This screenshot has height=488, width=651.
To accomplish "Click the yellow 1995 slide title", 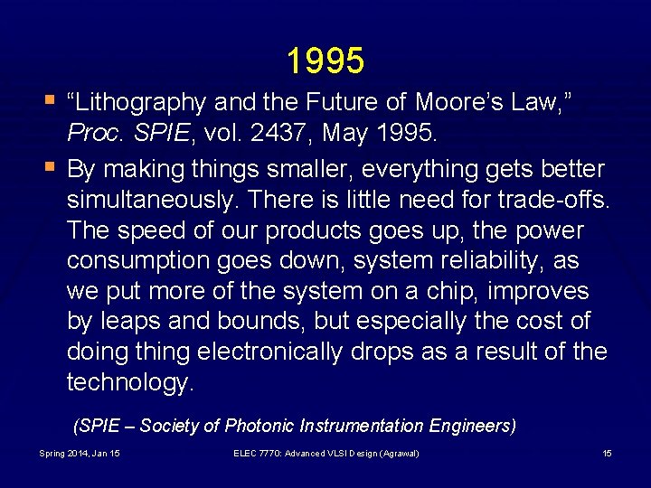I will click(325, 61).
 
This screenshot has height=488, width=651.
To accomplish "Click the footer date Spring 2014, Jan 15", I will click(80, 453).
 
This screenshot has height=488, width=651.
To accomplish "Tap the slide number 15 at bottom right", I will click(607, 453).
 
